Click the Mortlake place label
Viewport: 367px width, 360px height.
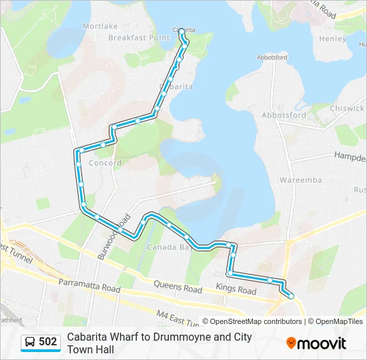(x=100, y=26)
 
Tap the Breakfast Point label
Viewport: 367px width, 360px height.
(x=139, y=38)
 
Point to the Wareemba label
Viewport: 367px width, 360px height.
(x=300, y=180)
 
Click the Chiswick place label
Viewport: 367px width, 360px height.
(x=347, y=108)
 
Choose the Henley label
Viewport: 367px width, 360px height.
(x=332, y=39)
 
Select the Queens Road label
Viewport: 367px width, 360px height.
(x=177, y=289)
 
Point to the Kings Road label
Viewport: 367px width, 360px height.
(x=236, y=291)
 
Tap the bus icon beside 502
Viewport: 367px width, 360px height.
(x=30, y=342)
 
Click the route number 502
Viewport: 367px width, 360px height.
(x=48, y=342)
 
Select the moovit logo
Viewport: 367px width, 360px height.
(x=316, y=343)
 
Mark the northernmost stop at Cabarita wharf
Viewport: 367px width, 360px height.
(x=181, y=31)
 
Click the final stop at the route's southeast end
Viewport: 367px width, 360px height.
(x=291, y=296)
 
